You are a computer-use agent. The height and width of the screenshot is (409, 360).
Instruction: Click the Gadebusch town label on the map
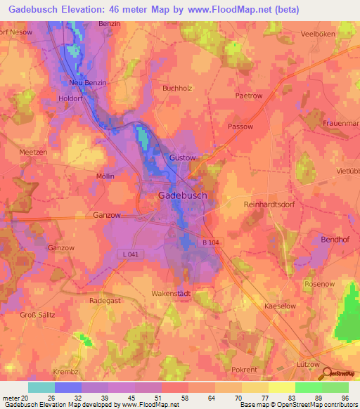pos(181,195)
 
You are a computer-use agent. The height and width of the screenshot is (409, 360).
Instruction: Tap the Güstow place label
pos(182,158)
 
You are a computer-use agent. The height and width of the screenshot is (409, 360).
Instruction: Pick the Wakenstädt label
pos(171,292)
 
